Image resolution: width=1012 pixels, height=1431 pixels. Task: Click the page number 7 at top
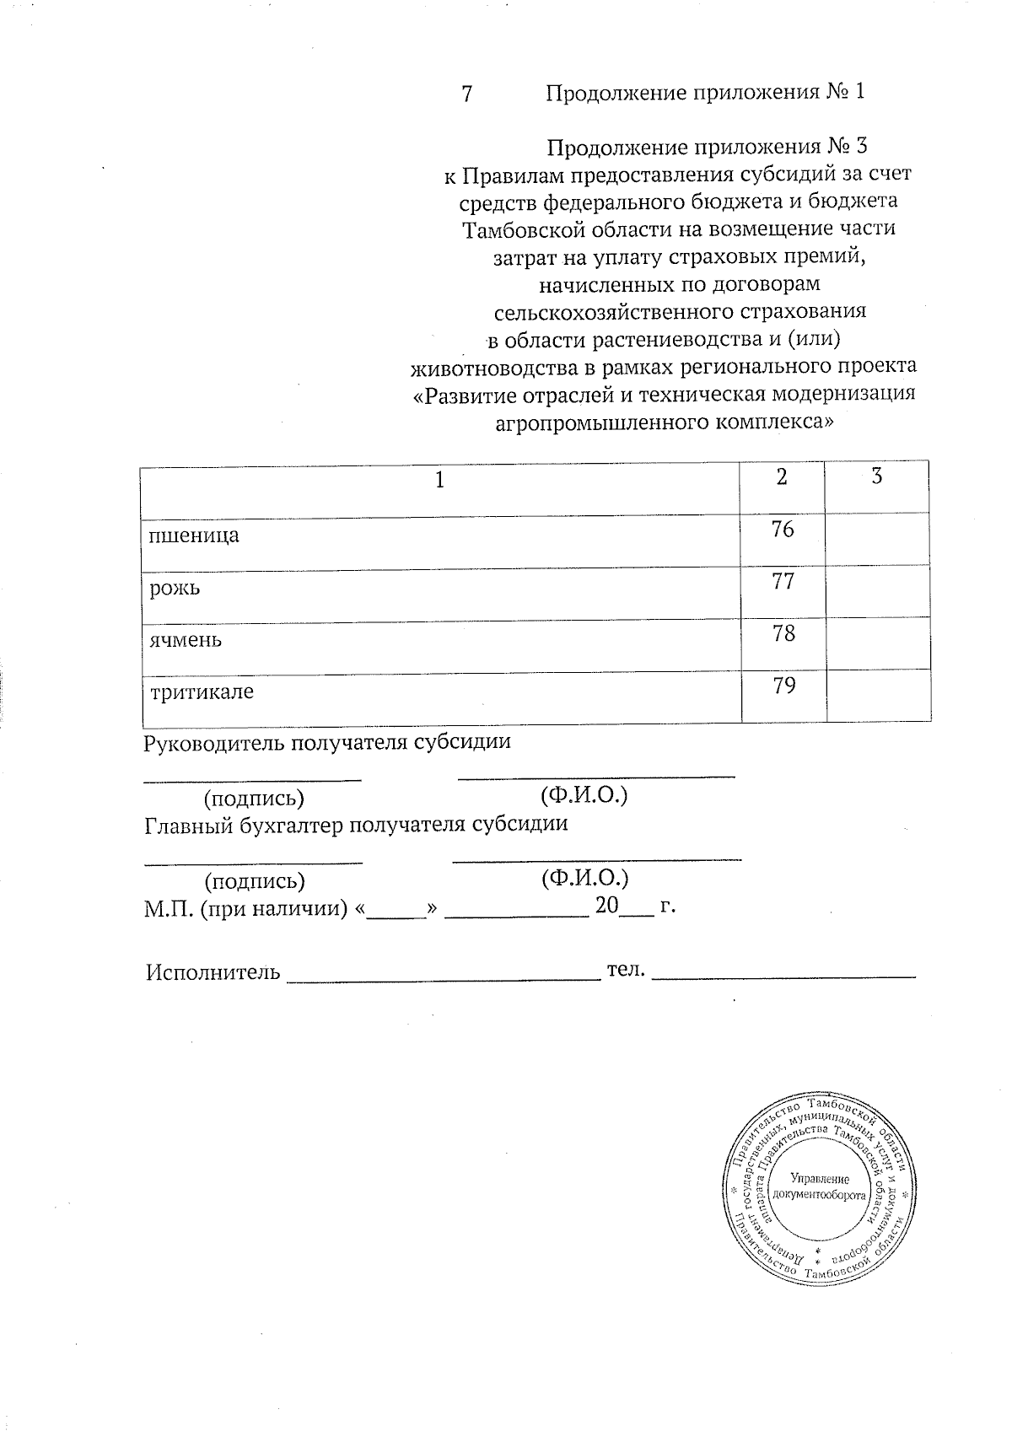(466, 93)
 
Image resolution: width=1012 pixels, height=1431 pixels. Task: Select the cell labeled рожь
(175, 588)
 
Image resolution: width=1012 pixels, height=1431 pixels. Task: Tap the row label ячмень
(186, 639)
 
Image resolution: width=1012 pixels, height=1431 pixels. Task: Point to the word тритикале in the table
(202, 692)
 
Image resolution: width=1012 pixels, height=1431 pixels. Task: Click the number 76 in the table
(783, 530)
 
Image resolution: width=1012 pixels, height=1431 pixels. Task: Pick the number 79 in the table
(783, 686)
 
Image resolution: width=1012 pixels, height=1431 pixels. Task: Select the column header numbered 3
(877, 476)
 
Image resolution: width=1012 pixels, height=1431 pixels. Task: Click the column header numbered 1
(439, 481)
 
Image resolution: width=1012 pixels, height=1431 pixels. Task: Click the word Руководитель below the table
(214, 743)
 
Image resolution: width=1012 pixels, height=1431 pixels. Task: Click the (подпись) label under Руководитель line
(255, 797)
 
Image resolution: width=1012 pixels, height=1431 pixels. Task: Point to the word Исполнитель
(213, 972)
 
